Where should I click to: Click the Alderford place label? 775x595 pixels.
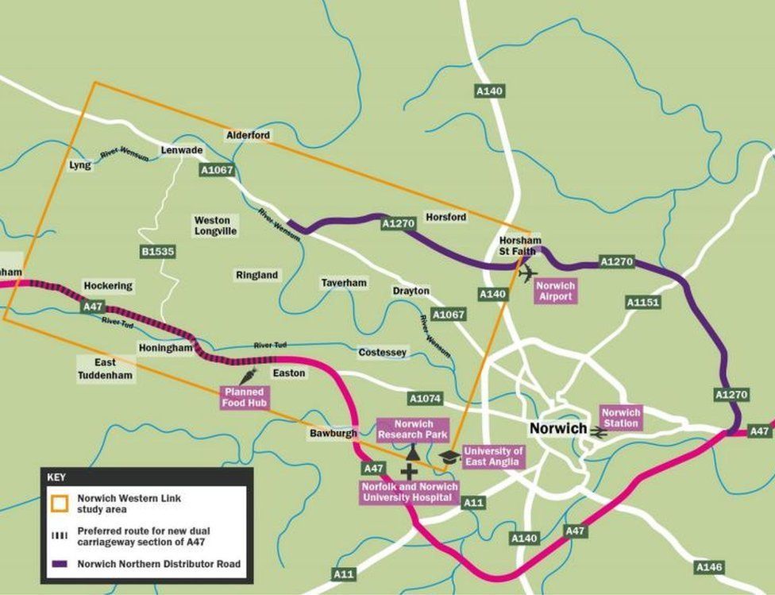248,135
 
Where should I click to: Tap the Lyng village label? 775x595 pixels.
80,165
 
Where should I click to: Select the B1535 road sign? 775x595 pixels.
157,251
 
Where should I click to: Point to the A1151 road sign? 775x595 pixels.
642,303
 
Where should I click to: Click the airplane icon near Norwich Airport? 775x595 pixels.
528,273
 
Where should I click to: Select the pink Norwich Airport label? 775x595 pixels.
554,291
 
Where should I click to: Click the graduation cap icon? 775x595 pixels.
449,457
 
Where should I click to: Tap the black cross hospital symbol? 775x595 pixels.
408,472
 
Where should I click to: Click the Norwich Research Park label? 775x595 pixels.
413,429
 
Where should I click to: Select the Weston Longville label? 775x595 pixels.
212,226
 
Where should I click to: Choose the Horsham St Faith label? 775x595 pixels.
520,246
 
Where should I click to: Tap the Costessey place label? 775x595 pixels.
382,352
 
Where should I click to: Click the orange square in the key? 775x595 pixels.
60,503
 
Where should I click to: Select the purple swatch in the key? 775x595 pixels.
60,565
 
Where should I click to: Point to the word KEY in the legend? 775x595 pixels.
56,478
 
